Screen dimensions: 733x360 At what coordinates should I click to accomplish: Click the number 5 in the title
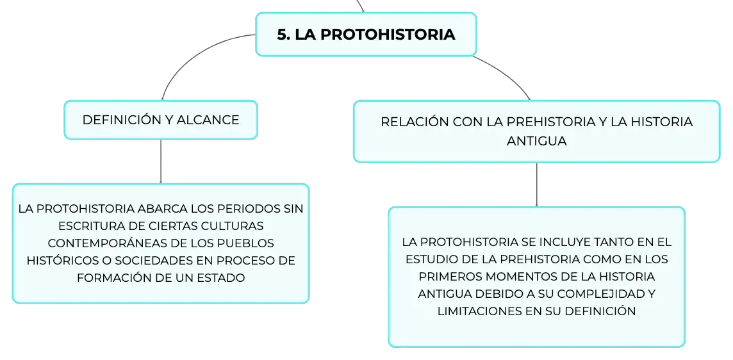[282, 35]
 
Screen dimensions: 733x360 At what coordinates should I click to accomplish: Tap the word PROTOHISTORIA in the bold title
[388, 35]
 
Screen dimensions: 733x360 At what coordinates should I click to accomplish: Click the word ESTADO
[224, 278]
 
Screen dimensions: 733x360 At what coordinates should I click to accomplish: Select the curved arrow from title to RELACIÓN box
[506, 74]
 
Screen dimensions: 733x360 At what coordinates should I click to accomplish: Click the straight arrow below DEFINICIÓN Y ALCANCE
[161, 161]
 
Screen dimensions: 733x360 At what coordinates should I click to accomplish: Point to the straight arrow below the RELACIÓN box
[537, 184]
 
